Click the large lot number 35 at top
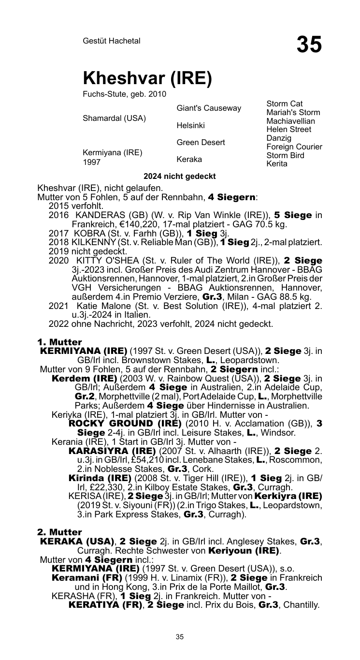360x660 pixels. coord(309,44)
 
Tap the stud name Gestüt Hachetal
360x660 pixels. coord(112,41)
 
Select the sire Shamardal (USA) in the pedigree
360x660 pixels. coord(115,117)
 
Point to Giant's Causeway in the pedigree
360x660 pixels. coord(209,108)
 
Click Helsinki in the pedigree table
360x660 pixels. coord(190,126)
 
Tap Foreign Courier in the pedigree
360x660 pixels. coord(294,147)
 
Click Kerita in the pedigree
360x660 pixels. coord(277,164)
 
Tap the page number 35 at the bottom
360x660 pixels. coord(180,637)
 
